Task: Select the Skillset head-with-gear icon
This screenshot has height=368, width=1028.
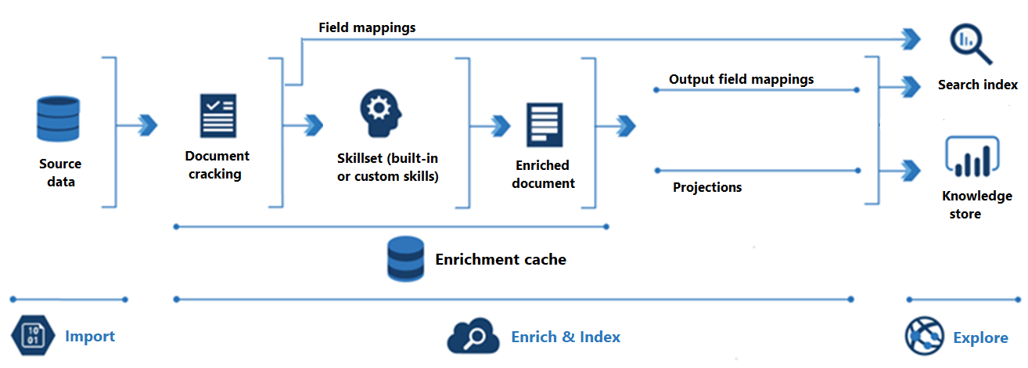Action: point(381,114)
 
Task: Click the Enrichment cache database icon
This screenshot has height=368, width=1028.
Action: point(405,259)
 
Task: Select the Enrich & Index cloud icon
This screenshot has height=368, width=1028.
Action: point(473,337)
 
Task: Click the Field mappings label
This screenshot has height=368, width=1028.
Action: point(367,27)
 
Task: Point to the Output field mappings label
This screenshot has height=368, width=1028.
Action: point(741,79)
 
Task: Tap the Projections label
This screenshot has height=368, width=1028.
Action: point(707,187)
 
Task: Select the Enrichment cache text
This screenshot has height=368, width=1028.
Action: point(501,259)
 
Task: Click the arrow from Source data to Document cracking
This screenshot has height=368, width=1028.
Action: point(146,124)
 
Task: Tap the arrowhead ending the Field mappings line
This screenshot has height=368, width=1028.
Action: point(910,38)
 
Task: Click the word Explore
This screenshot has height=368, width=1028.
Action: point(980,338)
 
